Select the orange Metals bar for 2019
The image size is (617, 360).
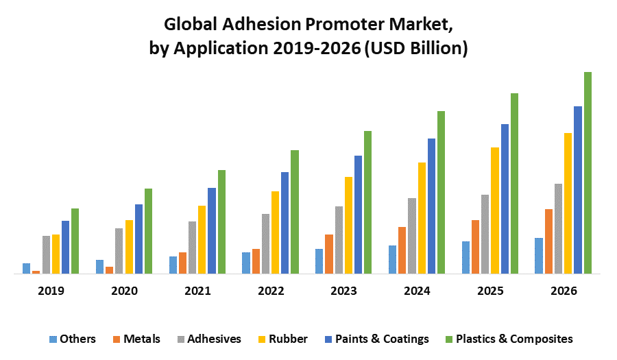36,272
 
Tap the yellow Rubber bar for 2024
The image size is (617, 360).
422,218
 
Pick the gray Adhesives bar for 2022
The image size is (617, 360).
265,243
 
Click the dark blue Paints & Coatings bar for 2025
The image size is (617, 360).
505,199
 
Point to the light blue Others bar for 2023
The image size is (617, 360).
319,261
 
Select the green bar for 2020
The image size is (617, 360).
148,231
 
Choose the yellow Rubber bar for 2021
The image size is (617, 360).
202,239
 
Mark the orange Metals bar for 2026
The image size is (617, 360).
548,241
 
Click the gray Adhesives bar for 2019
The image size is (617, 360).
46,254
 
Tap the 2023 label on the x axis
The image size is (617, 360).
344,291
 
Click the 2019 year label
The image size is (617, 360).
51,291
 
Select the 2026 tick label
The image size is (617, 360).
564,291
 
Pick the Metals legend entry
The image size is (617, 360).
142,339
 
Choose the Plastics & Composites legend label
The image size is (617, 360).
514,339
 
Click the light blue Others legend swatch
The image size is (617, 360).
53,339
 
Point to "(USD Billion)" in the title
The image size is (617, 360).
417,49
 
